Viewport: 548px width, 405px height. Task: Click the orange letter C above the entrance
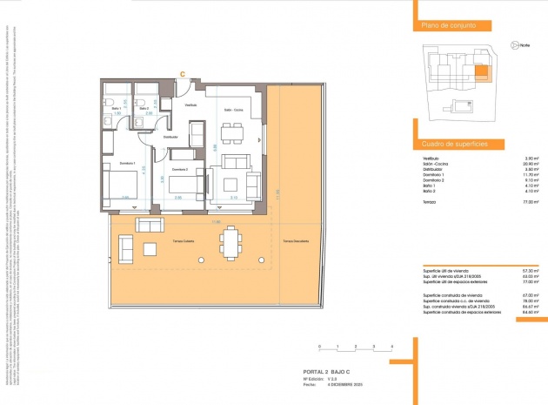click(x=182, y=73)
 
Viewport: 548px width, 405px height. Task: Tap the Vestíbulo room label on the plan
click(x=190, y=105)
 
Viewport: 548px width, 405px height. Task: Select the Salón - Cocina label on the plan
click(x=233, y=110)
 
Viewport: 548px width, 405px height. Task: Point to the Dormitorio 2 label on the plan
click(x=179, y=169)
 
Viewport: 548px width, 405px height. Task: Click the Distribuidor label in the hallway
click(x=170, y=137)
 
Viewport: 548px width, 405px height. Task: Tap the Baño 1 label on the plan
click(x=114, y=109)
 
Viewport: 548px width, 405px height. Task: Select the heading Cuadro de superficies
click(x=453, y=143)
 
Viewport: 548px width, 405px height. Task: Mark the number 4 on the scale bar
click(x=393, y=347)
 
